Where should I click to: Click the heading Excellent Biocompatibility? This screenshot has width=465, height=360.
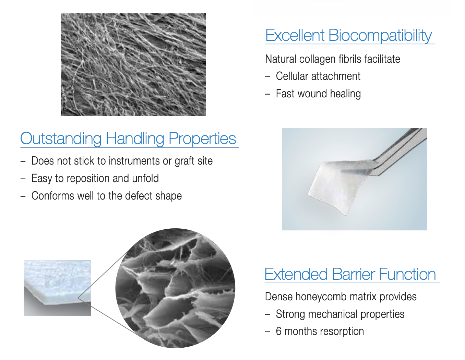[348, 35]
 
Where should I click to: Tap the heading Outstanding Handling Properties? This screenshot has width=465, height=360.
[128, 139]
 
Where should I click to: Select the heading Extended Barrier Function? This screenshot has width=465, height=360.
[350, 274]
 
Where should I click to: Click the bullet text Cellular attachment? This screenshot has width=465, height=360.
[318, 76]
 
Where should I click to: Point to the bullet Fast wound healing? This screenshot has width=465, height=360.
[318, 94]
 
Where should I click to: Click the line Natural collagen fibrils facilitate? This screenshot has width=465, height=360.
[333, 59]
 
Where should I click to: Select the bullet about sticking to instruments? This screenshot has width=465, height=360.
[122, 161]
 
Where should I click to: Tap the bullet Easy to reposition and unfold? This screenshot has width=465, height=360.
[95, 178]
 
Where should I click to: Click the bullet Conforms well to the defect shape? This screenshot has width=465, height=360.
[107, 196]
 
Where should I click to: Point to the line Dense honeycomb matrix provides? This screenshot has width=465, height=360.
[341, 297]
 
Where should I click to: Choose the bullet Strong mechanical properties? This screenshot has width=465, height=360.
[340, 314]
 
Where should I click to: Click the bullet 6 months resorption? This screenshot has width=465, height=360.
[320, 331]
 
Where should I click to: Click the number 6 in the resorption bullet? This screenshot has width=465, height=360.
[278, 331]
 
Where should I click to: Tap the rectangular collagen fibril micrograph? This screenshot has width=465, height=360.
[133, 64]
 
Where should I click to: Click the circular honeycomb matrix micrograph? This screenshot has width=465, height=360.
[175, 288]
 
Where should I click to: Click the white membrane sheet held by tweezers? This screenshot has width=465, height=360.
[338, 186]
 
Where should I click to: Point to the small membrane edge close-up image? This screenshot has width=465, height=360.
[57, 288]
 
